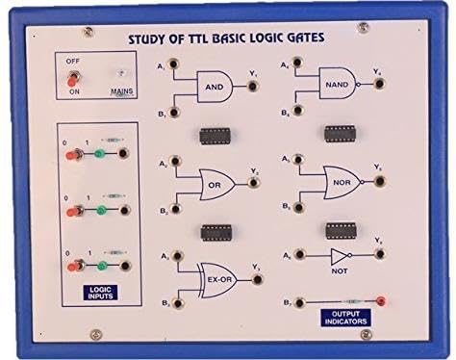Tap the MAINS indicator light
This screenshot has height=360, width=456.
[x=121, y=75]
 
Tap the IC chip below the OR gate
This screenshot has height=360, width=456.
[x=216, y=231]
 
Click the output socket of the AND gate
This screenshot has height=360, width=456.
[x=253, y=86]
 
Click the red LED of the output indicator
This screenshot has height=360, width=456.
[x=382, y=302]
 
